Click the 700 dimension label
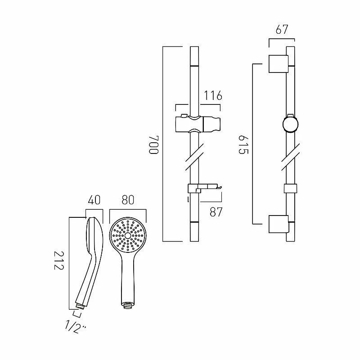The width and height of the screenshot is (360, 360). tap(154, 144)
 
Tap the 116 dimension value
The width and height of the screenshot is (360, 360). tap(213, 96)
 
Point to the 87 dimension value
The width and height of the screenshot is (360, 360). tap(216, 212)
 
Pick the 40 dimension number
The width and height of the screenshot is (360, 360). tap(94, 199)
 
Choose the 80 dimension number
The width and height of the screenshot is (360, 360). tap(128, 199)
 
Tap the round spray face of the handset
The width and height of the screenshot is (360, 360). tap(128, 236)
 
